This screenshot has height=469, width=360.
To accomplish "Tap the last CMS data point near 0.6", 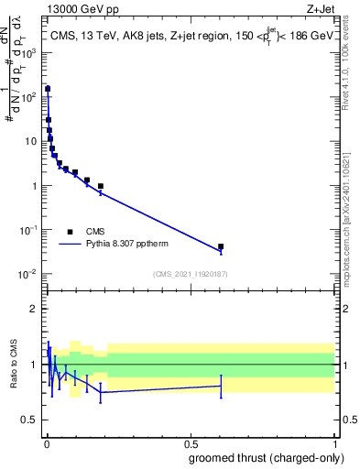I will [x=221, y=246].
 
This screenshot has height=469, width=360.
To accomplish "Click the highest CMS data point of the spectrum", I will [x=47, y=89].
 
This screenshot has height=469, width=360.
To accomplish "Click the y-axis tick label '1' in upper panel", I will [x=38, y=186].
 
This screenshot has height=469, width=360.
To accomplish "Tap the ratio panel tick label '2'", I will [x=38, y=309].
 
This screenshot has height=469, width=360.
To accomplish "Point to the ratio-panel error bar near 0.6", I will [x=221, y=386].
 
